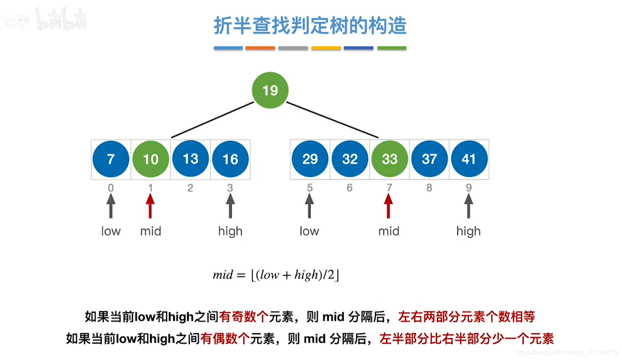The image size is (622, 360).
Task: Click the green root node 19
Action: (270, 90)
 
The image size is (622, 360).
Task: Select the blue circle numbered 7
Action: (111, 159)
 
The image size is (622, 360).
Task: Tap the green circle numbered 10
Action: (150, 159)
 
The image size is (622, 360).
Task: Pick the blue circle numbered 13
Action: (190, 159)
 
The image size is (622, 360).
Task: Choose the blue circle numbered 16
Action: (230, 159)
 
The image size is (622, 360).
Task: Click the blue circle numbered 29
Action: (310, 159)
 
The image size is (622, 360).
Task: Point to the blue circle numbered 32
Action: (350, 159)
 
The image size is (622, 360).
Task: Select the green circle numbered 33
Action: (389, 159)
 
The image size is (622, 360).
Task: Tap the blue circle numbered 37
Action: (429, 159)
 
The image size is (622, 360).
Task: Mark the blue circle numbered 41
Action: (469, 159)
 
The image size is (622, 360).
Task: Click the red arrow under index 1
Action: (150, 206)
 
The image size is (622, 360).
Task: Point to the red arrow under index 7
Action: (389, 206)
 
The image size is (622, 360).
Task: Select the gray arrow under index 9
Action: (469, 206)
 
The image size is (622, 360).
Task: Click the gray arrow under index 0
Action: (111, 206)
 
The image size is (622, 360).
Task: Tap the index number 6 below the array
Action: (349, 188)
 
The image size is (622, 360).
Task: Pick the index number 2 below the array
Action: (190, 188)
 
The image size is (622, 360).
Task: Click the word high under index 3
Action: (230, 231)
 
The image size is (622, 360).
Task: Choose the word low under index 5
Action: (309, 231)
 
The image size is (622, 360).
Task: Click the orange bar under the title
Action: (260, 48)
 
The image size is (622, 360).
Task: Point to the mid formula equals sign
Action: (241, 275)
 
